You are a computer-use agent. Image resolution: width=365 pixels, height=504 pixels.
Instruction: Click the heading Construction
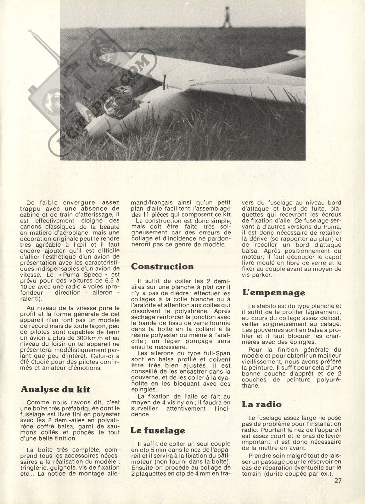pos(162,266)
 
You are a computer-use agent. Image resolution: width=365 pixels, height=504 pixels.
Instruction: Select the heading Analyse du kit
pos(55,389)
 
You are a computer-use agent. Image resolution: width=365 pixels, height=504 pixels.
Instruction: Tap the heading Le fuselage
pos(158,430)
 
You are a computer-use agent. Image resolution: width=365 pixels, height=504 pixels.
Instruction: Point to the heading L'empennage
pos(274,293)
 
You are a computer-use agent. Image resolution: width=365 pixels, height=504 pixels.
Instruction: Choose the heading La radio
pos(262,404)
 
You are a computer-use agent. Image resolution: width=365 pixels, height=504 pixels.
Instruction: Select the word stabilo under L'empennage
pos(267,305)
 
